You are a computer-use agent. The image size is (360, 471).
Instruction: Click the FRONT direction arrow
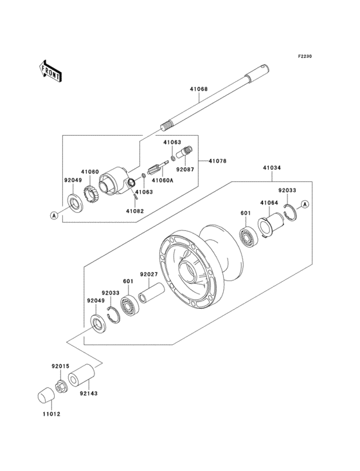coord(51,71)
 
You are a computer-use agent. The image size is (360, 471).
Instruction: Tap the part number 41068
coord(199,91)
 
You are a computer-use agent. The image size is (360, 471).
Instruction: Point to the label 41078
coord(217,161)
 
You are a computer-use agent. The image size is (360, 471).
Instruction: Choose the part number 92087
coord(184,171)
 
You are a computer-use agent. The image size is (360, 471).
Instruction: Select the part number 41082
coord(134,211)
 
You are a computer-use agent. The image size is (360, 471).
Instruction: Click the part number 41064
coord(269,203)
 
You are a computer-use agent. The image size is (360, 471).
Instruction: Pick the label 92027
coord(149,273)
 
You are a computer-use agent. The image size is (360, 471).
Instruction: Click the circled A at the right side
coord(306,204)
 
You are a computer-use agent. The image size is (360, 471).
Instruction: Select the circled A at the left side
coord(55,214)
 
